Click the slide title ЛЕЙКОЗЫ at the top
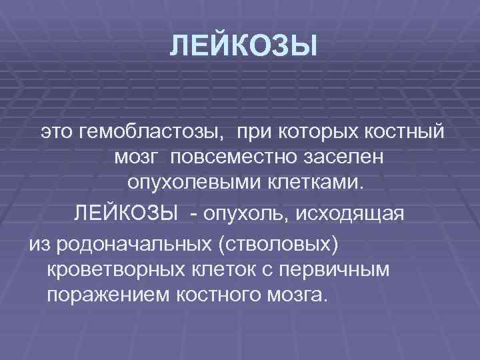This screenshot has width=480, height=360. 241,47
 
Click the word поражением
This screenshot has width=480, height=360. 107,296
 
